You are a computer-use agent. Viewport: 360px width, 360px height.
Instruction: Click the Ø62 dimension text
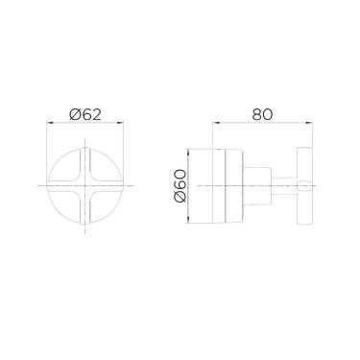[86, 113]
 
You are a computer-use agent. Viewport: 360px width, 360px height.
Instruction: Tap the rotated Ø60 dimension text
[180, 184]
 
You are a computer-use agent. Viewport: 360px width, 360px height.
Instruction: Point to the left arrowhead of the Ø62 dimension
[51, 124]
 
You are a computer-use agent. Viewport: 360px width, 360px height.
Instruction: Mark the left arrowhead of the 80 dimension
[217, 124]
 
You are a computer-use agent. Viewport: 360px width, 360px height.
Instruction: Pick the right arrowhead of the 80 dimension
[308, 124]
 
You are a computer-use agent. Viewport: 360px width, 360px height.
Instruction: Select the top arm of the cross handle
[86, 161]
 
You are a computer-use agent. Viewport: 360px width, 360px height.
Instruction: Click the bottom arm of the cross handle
[86, 208]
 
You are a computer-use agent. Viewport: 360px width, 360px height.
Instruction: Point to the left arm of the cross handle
[61, 184]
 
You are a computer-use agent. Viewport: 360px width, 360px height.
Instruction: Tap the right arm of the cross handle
[111, 184]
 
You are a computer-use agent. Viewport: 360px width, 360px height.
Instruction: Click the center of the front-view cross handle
[86, 184]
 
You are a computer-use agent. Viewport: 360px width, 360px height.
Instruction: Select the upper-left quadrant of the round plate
[69, 168]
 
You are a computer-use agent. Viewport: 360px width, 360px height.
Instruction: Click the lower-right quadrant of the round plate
[104, 202]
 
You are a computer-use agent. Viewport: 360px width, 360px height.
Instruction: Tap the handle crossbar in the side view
[305, 184]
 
